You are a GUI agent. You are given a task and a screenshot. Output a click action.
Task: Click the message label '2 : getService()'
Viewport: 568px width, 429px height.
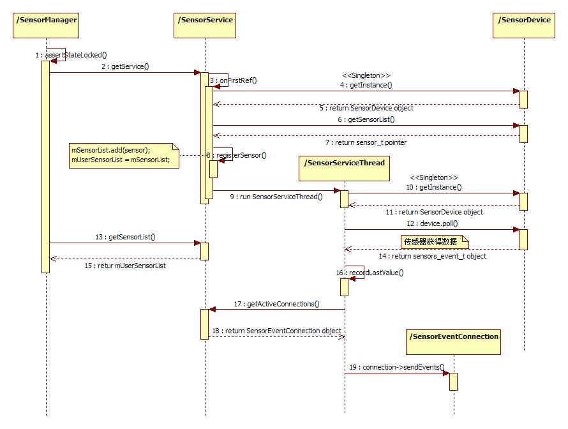125,66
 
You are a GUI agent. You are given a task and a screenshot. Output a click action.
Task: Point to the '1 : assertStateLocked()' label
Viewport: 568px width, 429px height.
71,56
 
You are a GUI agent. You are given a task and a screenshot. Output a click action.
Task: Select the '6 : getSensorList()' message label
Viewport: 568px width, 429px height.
366,119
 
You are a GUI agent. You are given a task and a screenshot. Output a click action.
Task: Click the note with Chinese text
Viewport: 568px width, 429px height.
434,241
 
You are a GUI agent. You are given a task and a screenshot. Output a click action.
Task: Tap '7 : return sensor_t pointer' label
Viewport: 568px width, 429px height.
365,142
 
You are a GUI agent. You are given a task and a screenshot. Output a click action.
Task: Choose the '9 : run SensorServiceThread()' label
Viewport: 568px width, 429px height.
276,197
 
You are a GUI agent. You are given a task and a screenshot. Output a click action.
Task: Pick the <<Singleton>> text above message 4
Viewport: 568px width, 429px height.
366,74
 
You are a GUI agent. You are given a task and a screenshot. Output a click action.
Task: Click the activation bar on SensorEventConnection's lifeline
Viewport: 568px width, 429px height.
453,381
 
